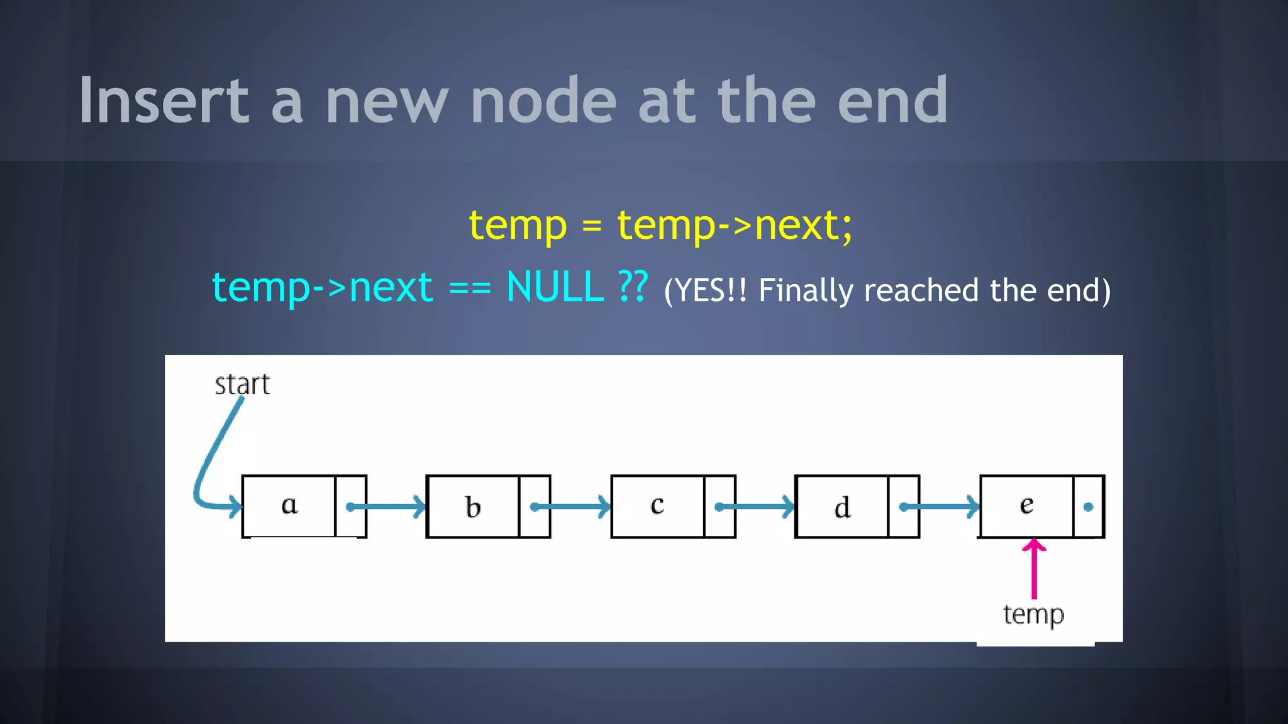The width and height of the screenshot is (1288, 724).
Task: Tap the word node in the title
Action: (544, 101)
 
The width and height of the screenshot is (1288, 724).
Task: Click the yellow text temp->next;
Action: (735, 225)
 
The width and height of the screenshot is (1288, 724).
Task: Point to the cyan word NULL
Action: (555, 287)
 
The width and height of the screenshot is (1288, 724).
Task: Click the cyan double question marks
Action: (633, 287)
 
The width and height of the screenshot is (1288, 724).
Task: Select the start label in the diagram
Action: (242, 385)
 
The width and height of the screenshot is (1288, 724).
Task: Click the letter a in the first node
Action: (289, 505)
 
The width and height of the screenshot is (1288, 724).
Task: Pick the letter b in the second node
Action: (473, 507)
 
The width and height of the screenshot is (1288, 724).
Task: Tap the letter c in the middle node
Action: (657, 505)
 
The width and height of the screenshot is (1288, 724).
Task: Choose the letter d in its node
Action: (842, 507)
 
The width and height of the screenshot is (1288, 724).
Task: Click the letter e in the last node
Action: (1026, 505)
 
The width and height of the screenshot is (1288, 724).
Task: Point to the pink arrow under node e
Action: (1034, 569)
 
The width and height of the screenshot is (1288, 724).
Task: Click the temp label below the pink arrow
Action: (1033, 615)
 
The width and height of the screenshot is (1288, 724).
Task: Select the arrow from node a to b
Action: (387, 507)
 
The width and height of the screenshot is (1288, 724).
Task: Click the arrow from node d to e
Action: (940, 507)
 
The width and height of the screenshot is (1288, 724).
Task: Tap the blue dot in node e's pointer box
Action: (1089, 507)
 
